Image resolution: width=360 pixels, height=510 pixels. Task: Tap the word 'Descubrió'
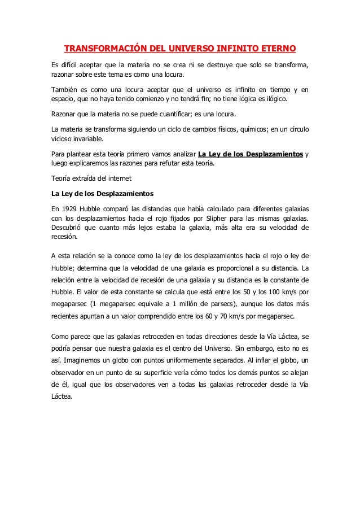[x=67, y=228]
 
